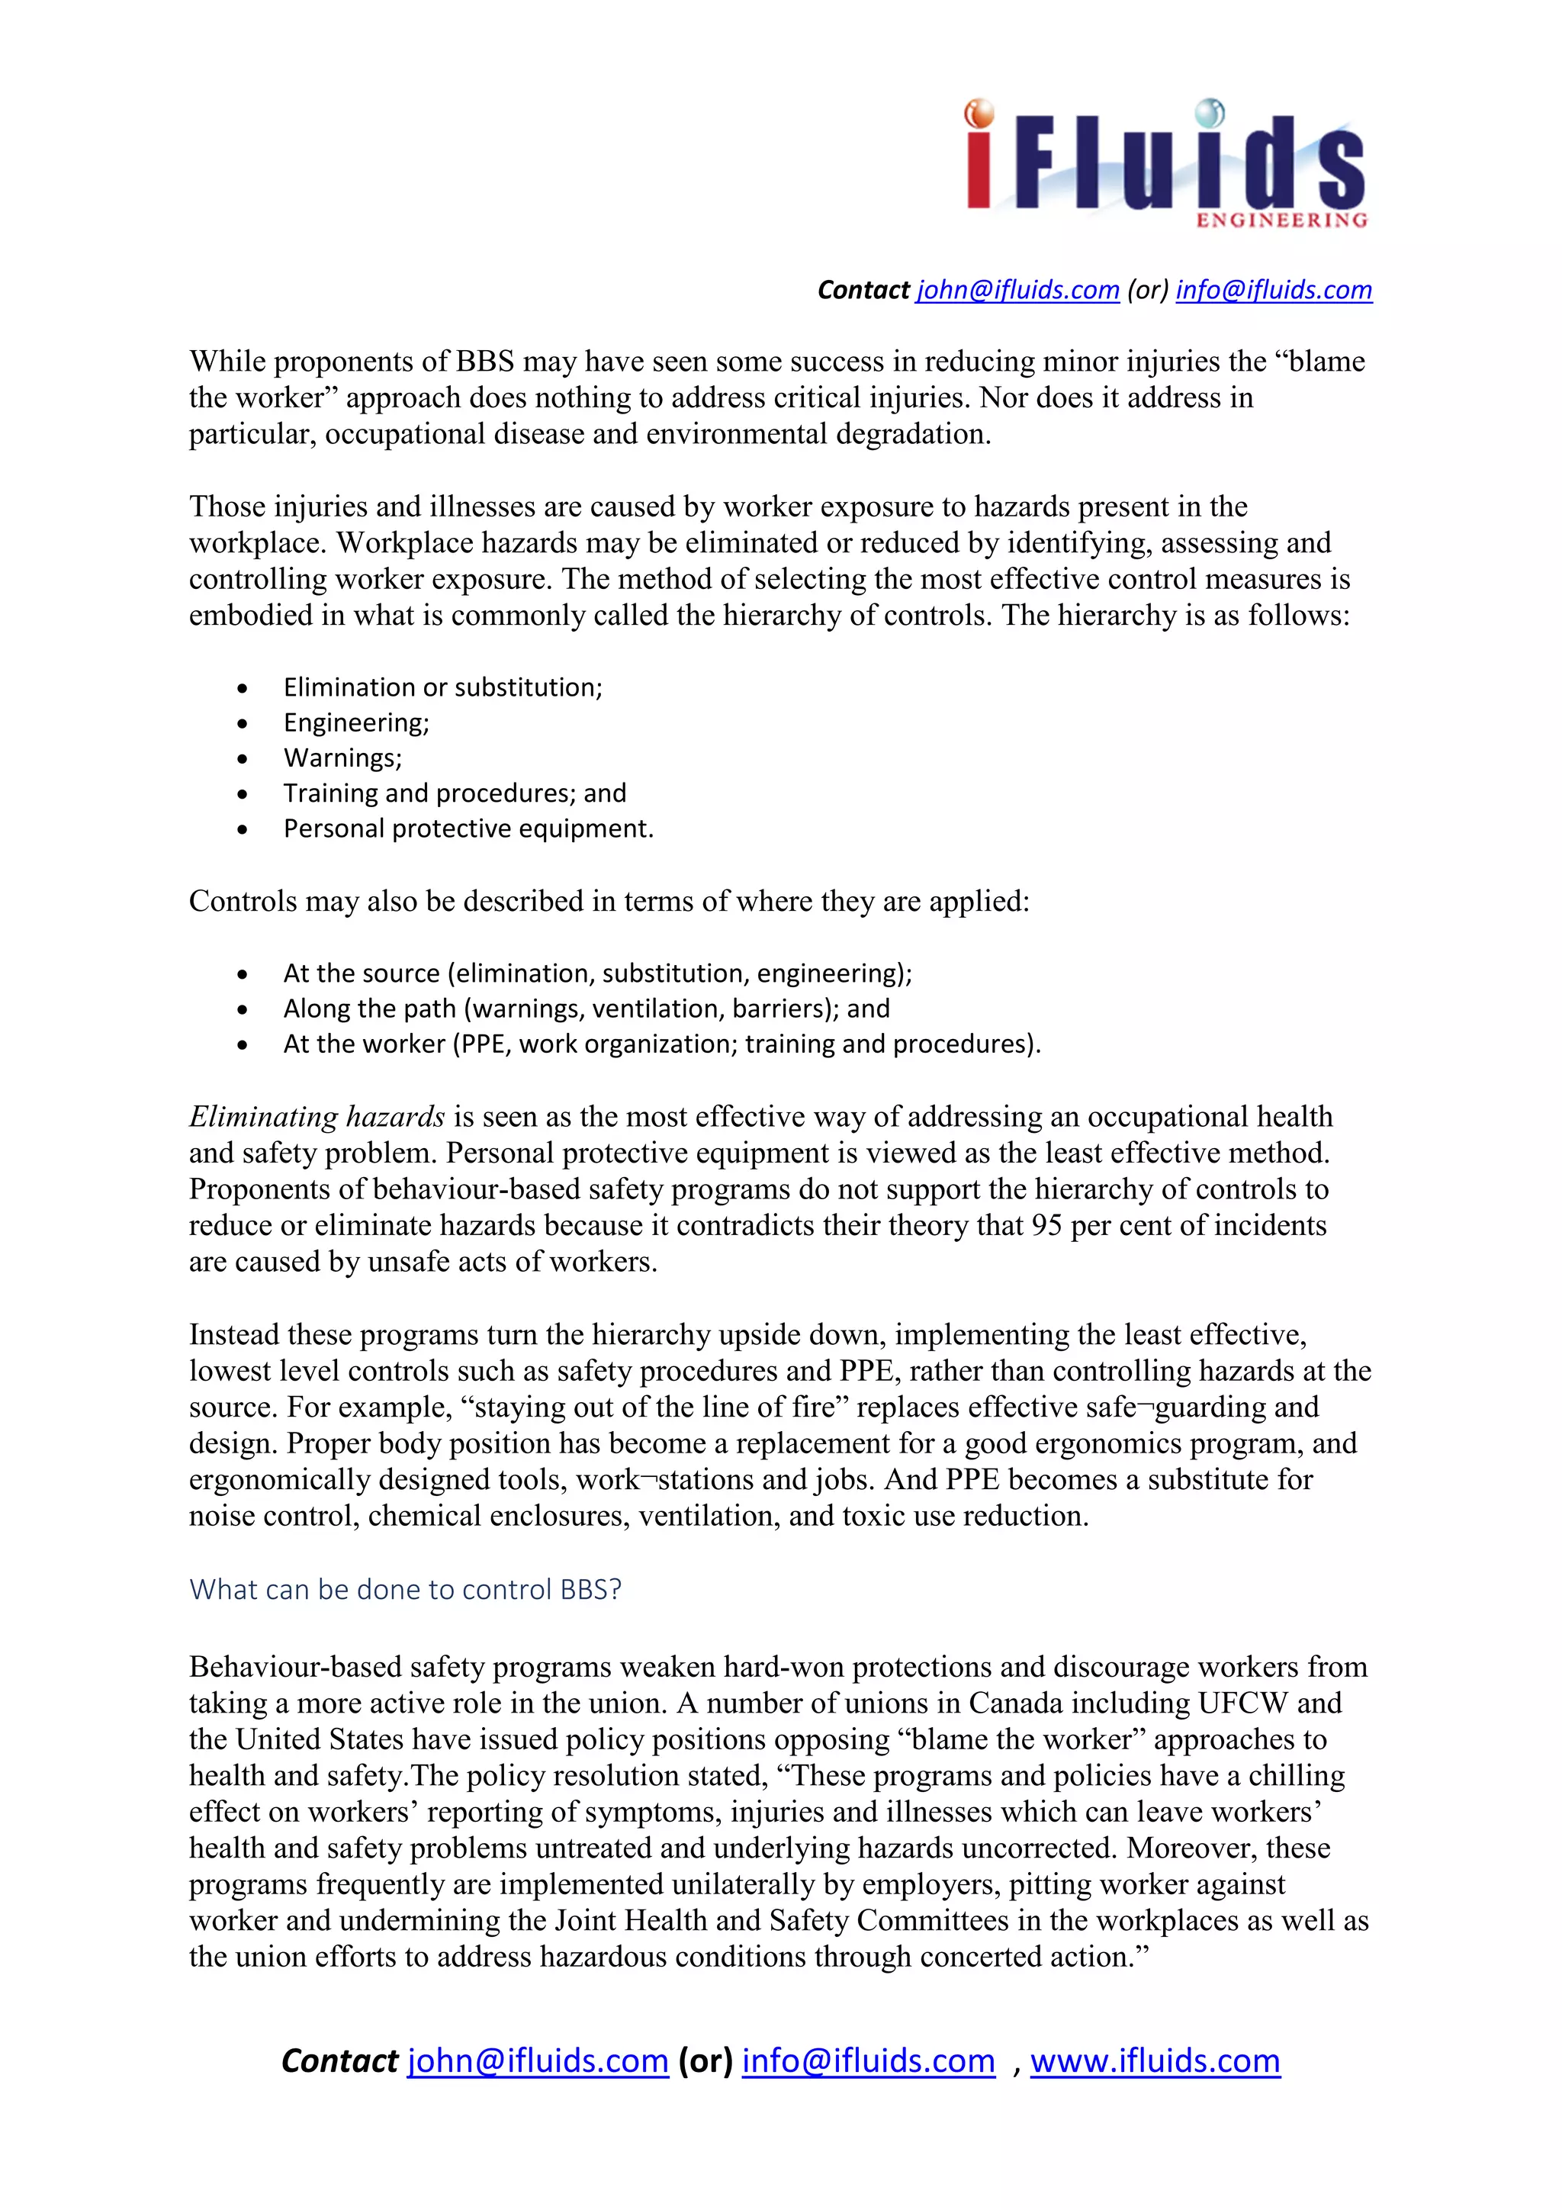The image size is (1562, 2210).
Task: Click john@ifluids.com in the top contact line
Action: pyautogui.click(x=1017, y=290)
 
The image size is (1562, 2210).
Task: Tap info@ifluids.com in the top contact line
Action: pyautogui.click(x=1273, y=290)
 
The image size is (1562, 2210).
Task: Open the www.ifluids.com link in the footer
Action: pyautogui.click(x=1155, y=2060)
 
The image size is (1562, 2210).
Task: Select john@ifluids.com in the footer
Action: pyautogui.click(x=537, y=2060)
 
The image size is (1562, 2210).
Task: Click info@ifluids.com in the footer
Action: pyautogui.click(x=868, y=2060)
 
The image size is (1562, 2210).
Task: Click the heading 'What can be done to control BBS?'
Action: pyautogui.click(x=405, y=1589)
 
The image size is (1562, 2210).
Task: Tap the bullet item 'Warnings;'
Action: pyautogui.click(x=342, y=758)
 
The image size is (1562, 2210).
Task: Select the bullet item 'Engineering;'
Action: pyautogui.click(x=356, y=723)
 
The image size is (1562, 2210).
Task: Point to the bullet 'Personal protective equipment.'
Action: pyautogui.click(x=468, y=828)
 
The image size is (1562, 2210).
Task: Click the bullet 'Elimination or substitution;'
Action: pyautogui.click(x=442, y=687)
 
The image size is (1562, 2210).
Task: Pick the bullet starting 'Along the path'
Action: pyautogui.click(x=586, y=1008)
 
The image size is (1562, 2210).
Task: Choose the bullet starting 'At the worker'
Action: pyautogui.click(x=661, y=1044)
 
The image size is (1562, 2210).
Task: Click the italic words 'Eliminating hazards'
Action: pyautogui.click(x=317, y=1117)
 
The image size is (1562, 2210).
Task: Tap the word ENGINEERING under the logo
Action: pyautogui.click(x=1281, y=220)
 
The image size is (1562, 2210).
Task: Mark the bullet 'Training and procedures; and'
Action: pyautogui.click(x=455, y=793)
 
